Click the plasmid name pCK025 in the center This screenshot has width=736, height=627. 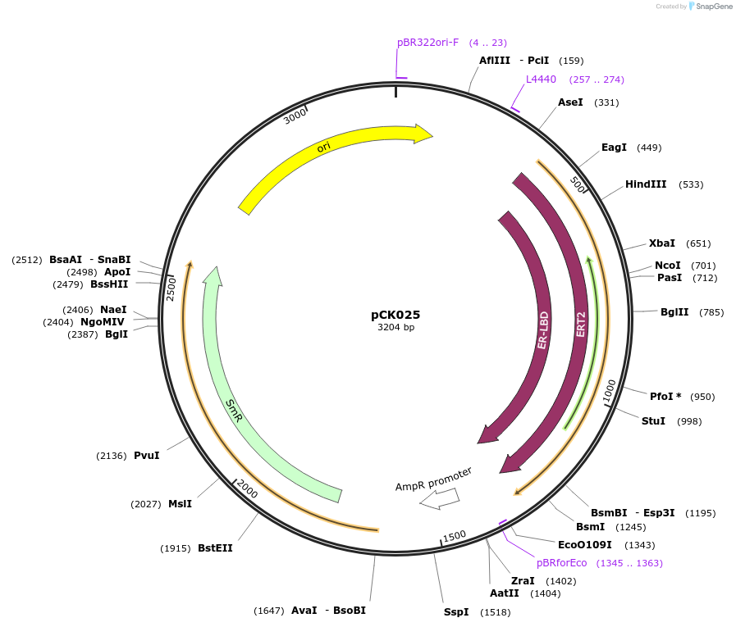tap(395, 315)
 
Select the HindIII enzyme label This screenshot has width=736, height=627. tap(646, 184)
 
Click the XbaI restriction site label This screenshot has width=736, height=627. tap(661, 243)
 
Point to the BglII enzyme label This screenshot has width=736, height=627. tap(674, 312)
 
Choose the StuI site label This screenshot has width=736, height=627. tap(653, 421)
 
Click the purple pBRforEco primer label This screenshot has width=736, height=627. tap(562, 563)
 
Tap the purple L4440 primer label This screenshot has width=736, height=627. tap(541, 80)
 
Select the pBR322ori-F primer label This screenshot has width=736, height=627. tap(427, 43)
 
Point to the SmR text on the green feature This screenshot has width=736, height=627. tap(235, 411)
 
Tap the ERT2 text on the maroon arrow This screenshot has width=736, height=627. tap(581, 324)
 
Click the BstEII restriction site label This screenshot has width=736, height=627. tap(215, 548)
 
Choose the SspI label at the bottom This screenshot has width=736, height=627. tap(456, 612)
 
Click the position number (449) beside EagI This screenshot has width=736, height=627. tap(649, 148)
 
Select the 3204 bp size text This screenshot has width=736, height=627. tap(395, 328)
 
